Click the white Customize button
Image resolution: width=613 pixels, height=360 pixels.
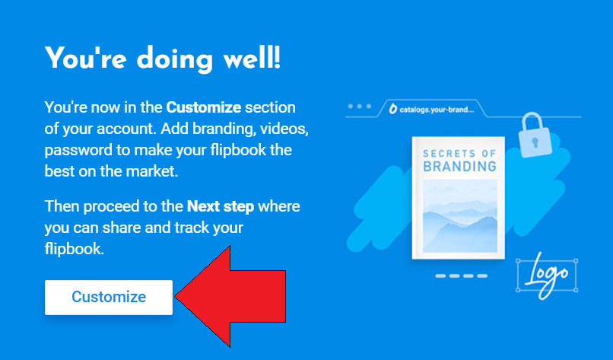[109, 297]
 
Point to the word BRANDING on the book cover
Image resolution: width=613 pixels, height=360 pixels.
[459, 166]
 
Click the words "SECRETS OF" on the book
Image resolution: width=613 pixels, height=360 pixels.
[459, 151]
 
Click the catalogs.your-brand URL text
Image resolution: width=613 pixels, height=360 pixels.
[436, 110]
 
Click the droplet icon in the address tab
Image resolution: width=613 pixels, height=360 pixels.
[392, 110]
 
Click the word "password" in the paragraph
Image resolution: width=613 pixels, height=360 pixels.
[77, 150]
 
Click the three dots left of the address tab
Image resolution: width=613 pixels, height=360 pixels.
[359, 107]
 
